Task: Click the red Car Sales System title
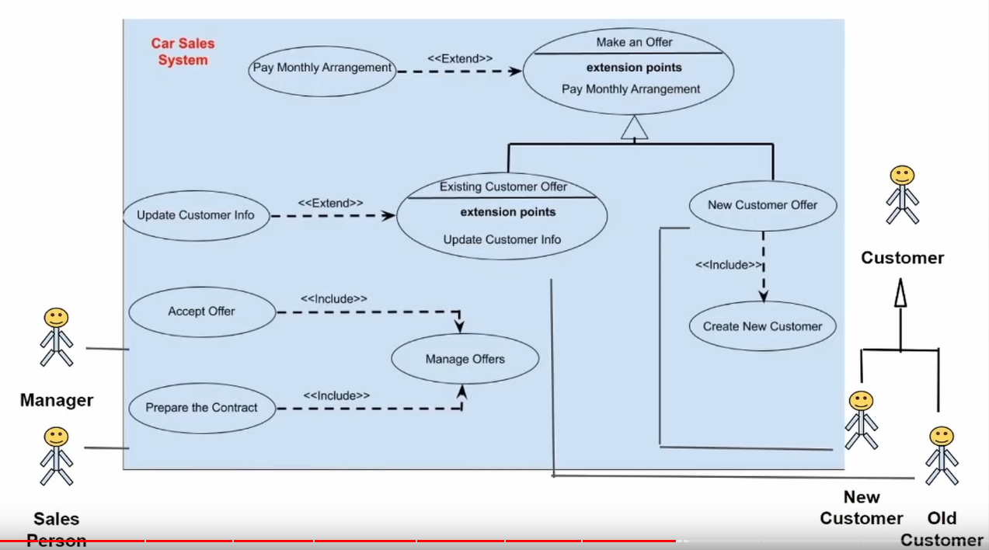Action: pyautogui.click(x=183, y=52)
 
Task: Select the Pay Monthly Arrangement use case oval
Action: pyautogui.click(x=322, y=68)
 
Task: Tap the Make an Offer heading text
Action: pyautogui.click(x=634, y=42)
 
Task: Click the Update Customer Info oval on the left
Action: pyautogui.click(x=196, y=215)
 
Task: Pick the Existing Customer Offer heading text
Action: pyautogui.click(x=503, y=186)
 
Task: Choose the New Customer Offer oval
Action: pyautogui.click(x=762, y=205)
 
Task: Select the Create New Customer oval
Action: pyautogui.click(x=762, y=326)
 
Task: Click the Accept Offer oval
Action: pyautogui.click(x=201, y=312)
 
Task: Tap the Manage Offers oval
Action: pyautogui.click(x=465, y=359)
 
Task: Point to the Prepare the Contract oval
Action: pyautogui.click(x=201, y=407)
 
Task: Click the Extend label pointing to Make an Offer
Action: pyautogui.click(x=460, y=57)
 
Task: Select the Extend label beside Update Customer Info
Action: pyautogui.click(x=330, y=203)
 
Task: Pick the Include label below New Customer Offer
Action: pyautogui.click(x=728, y=265)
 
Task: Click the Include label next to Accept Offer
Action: pyautogui.click(x=333, y=298)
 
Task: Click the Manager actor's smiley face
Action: pyautogui.click(x=56, y=317)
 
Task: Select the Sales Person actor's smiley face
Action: pyautogui.click(x=56, y=437)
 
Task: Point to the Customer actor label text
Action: pyautogui.click(x=902, y=258)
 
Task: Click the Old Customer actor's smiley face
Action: pyautogui.click(x=941, y=436)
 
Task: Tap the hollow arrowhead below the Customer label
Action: pyautogui.click(x=900, y=295)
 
